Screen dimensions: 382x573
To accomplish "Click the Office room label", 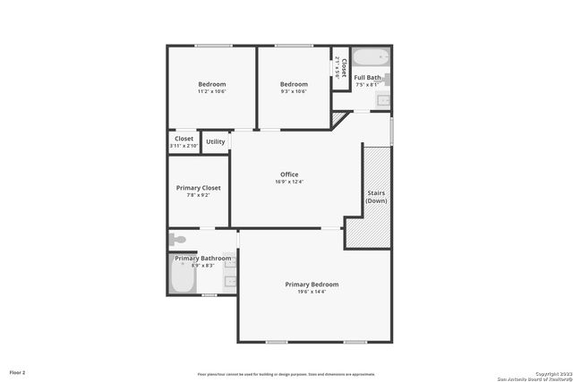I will pyautogui.click(x=289, y=174).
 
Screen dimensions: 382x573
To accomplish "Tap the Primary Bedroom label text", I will pyautogui.click(x=312, y=284).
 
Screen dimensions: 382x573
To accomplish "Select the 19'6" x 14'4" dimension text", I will pyautogui.click(x=312, y=292).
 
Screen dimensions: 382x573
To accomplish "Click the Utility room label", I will pyautogui.click(x=216, y=141).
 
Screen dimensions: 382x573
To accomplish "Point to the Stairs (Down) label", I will pyautogui.click(x=376, y=197).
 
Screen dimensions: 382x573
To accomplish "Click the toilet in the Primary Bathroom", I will pyautogui.click(x=177, y=240).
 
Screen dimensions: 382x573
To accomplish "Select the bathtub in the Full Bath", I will pyautogui.click(x=370, y=57).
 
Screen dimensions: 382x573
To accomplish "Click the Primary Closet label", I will pyautogui.click(x=198, y=188).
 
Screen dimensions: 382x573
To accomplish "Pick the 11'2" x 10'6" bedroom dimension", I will pyautogui.click(x=212, y=91).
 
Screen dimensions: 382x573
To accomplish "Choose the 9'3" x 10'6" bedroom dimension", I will pyautogui.click(x=294, y=91).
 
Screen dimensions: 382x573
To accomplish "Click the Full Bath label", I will pyautogui.click(x=367, y=78).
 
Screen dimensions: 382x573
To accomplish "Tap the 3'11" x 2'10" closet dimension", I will pyautogui.click(x=184, y=146).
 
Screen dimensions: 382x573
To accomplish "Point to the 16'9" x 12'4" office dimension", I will pyautogui.click(x=289, y=182).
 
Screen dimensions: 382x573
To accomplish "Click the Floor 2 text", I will pyautogui.click(x=18, y=372).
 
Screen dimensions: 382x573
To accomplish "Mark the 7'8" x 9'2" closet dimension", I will pyautogui.click(x=198, y=195).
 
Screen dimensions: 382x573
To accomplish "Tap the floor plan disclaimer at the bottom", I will pyautogui.click(x=286, y=374).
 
